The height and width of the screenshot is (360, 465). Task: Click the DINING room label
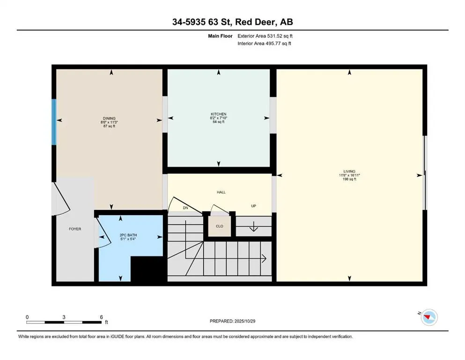[109, 118]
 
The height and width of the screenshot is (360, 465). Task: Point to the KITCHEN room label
[218, 114]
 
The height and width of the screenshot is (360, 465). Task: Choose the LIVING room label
[349, 171]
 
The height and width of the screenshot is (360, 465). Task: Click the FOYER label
[75, 229]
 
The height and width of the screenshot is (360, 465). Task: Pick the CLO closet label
[219, 226]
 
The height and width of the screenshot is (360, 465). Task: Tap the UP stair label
[253, 206]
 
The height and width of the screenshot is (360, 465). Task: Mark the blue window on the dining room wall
[54, 122]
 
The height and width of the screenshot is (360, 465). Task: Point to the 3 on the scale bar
[63, 317]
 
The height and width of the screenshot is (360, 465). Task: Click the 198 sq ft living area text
[349, 179]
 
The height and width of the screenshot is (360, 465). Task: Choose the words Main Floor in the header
[220, 36]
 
